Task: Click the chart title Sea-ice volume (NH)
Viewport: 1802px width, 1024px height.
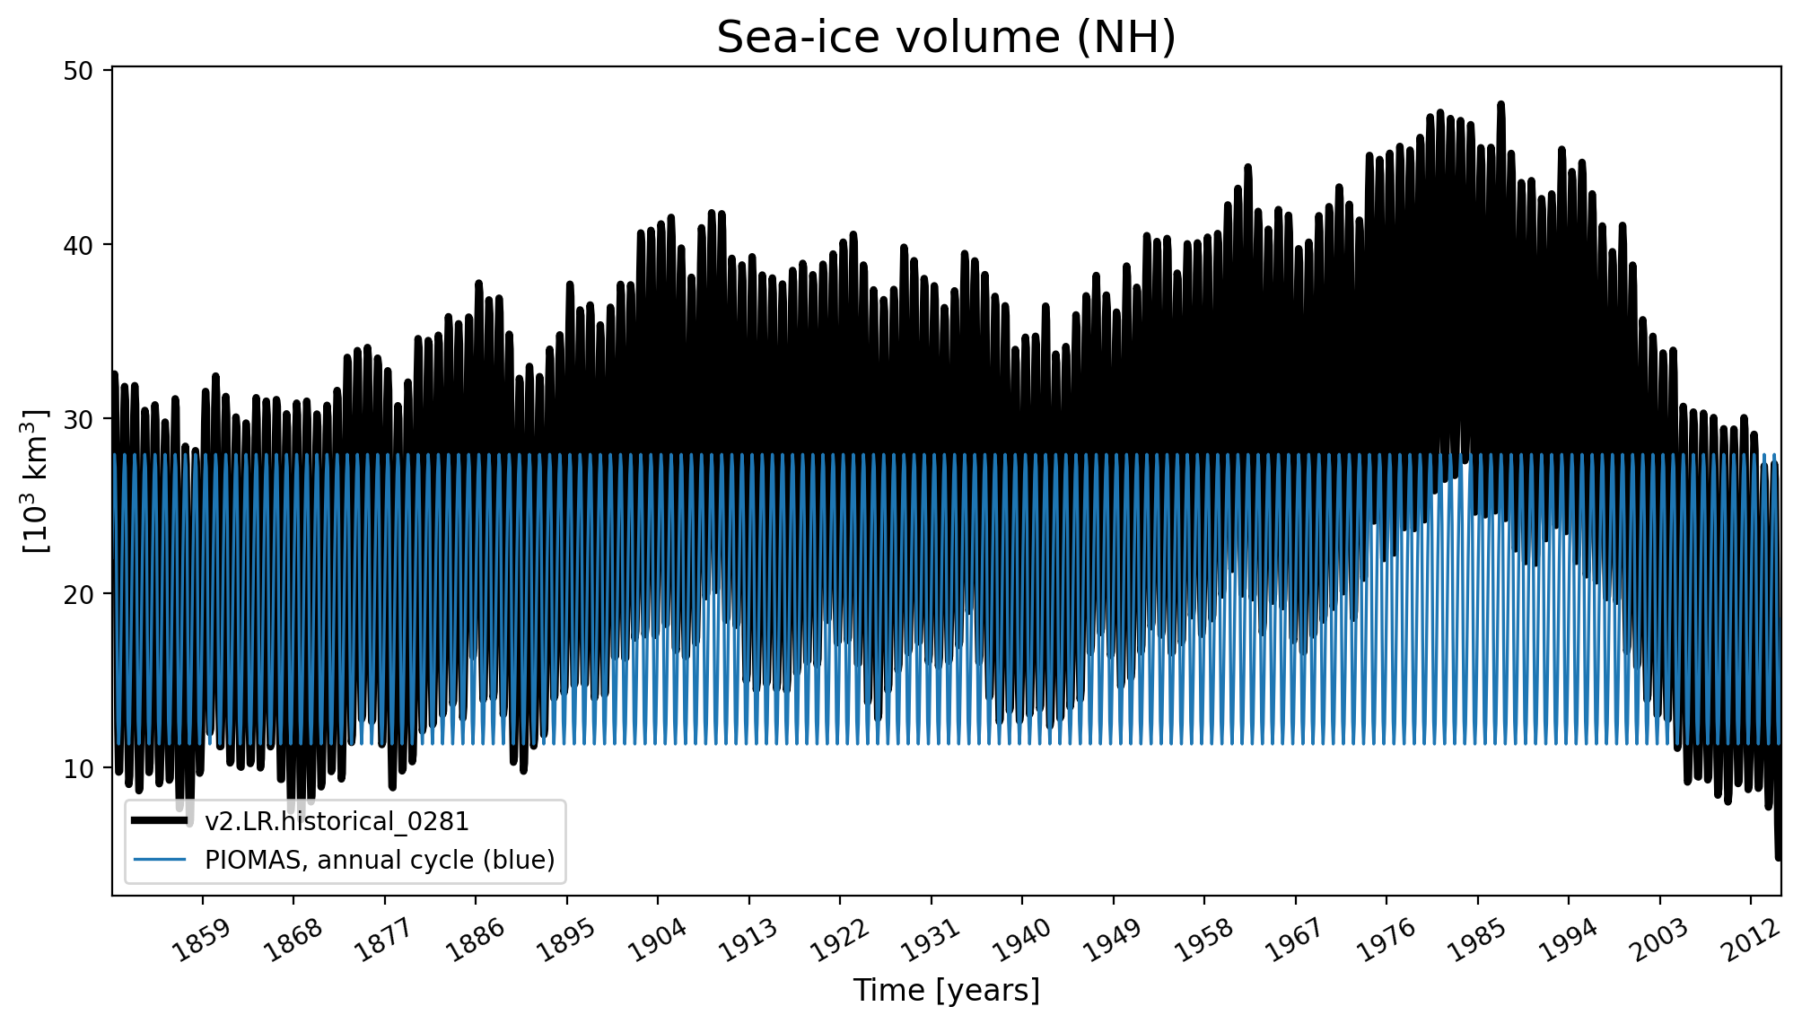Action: pyautogui.click(x=946, y=38)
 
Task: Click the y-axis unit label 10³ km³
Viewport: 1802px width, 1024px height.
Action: pyautogui.click(x=36, y=481)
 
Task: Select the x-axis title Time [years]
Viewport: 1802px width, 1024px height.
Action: pyautogui.click(x=946, y=991)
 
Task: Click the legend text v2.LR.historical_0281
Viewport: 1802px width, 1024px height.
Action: pyautogui.click(x=337, y=822)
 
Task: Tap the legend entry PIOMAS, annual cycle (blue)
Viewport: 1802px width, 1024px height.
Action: pyautogui.click(x=380, y=860)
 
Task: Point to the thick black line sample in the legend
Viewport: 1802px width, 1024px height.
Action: pyautogui.click(x=160, y=821)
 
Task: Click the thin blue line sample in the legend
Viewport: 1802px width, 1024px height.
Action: pyautogui.click(x=160, y=860)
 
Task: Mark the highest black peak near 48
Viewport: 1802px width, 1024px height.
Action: pyautogui.click(x=1500, y=105)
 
